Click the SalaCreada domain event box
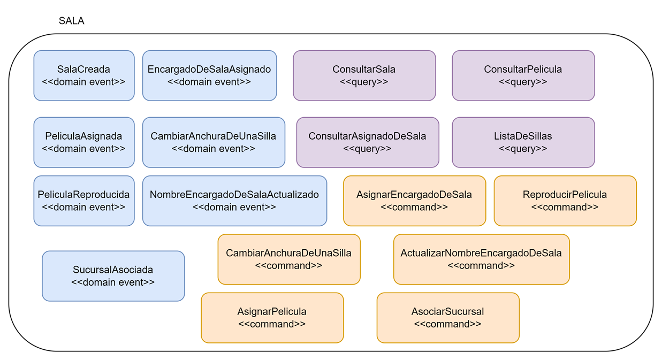coord(84,75)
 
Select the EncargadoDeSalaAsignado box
coord(209,75)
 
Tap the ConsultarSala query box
coord(364,75)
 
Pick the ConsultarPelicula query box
coord(523,75)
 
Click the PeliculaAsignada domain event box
coord(84,142)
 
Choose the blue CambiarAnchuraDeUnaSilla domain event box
coord(214,142)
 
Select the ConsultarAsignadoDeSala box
coord(368,142)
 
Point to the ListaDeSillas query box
coord(523,142)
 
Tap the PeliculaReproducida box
coord(84,201)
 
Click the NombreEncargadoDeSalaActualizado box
coord(234,201)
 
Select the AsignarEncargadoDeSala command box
coord(414,201)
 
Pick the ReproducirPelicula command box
coord(565,201)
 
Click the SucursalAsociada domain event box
coord(113,276)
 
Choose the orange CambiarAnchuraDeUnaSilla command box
coord(289,259)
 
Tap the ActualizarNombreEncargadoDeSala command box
coord(481,259)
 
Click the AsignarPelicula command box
coord(272,318)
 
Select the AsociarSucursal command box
coord(448,318)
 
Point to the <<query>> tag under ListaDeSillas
coord(523,149)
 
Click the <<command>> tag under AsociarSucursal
coord(448,324)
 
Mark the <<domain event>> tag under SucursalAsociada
coord(113,282)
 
